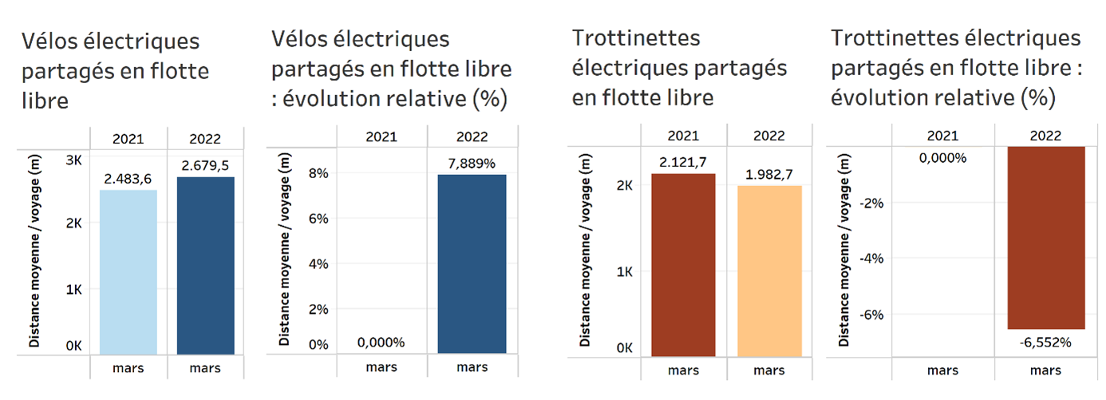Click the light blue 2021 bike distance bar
128,271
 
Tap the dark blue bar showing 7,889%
472,263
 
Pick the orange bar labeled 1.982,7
768,271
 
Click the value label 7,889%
472,164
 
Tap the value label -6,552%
1045,342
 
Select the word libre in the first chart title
45,102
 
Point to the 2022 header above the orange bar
768,135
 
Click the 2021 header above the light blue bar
128,139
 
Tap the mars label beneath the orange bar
768,370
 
